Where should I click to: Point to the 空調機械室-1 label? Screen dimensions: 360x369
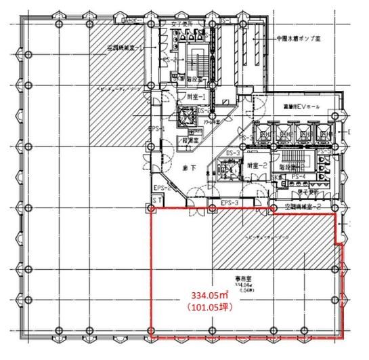point(125,49)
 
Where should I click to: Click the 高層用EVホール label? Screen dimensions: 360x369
point(302,108)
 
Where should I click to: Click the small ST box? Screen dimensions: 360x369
point(154,201)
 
